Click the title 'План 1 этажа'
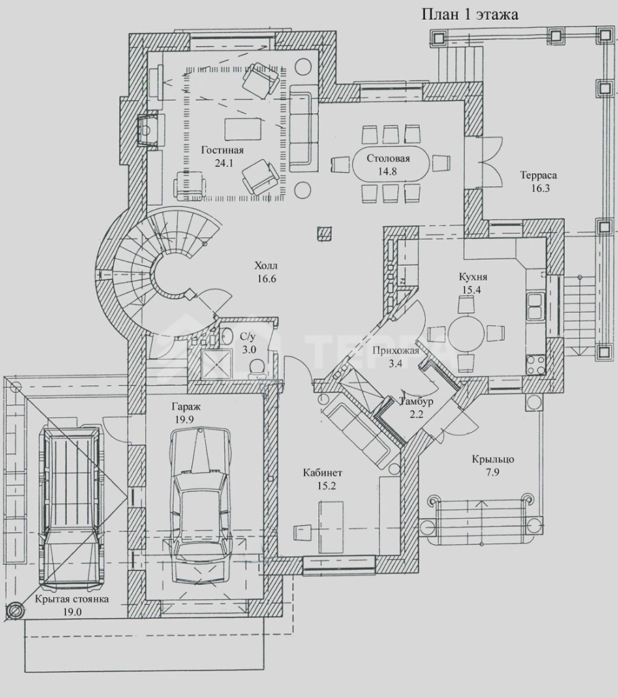(x=470, y=14)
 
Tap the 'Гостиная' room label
(x=222, y=150)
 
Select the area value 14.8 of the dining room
(x=387, y=171)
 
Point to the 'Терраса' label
(x=538, y=175)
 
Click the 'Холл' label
(x=266, y=267)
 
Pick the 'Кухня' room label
(x=473, y=277)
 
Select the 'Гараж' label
(x=185, y=406)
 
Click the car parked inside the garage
(x=200, y=506)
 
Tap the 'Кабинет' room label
(x=322, y=473)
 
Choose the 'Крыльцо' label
(x=493, y=459)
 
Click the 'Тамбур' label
(x=417, y=401)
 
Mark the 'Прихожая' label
(x=396, y=350)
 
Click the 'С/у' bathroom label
(x=248, y=337)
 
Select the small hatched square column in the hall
(x=324, y=233)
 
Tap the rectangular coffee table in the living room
(x=243, y=128)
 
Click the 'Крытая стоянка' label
(x=72, y=599)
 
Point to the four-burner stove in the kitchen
(x=536, y=365)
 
